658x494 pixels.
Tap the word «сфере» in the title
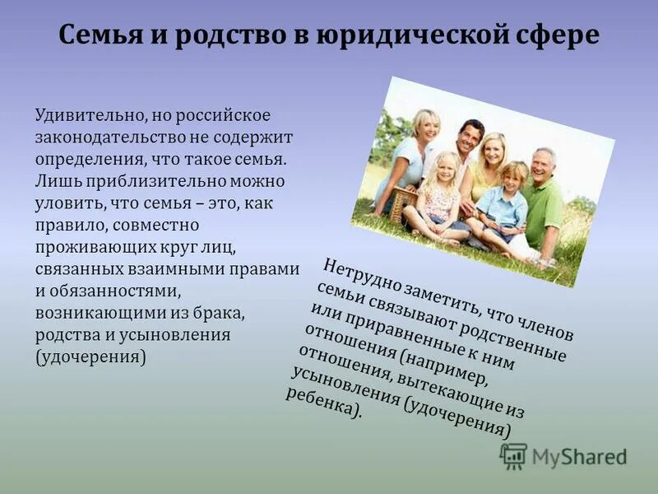[x=558, y=36]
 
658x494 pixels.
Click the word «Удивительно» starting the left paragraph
[x=88, y=114]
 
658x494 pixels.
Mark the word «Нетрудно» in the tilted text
[x=359, y=276]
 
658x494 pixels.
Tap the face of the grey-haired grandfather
[x=543, y=165]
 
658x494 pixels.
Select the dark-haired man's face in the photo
[x=471, y=137]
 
